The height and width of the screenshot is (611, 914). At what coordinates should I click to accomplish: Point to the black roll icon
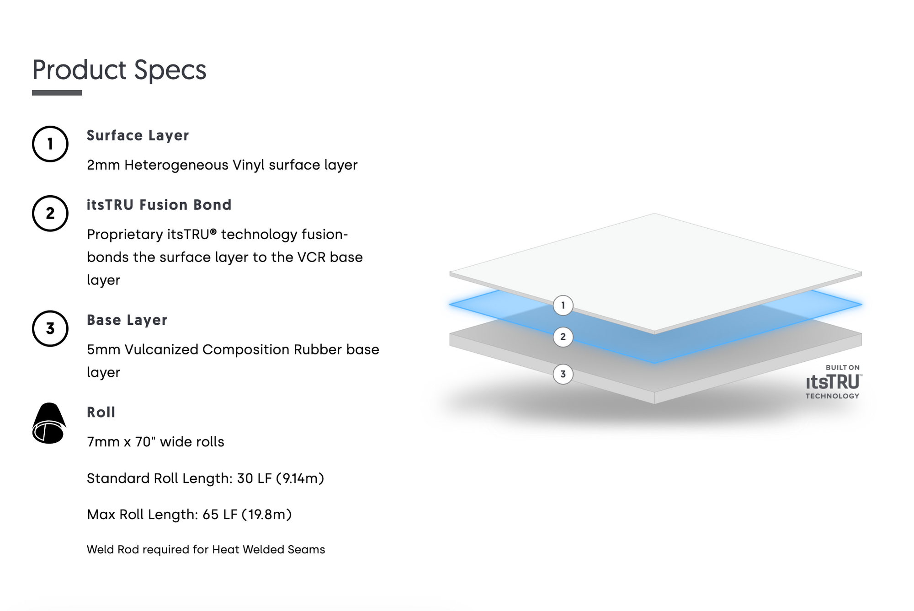pyautogui.click(x=49, y=423)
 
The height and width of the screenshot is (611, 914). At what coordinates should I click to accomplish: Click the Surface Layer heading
pyautogui.click(x=138, y=136)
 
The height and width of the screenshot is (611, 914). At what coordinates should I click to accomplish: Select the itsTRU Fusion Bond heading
pyautogui.click(x=159, y=205)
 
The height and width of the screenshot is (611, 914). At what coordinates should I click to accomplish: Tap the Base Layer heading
pyautogui.click(x=127, y=320)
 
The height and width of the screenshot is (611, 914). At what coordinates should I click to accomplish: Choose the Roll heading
pyautogui.click(x=101, y=412)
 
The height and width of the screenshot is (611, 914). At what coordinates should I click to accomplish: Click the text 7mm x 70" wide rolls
pyautogui.click(x=155, y=442)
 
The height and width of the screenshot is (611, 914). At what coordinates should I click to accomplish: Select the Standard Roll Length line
pyautogui.click(x=205, y=478)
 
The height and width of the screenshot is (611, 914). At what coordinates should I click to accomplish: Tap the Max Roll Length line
pyautogui.click(x=189, y=515)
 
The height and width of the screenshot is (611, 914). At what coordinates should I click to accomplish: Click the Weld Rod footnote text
pyautogui.click(x=206, y=549)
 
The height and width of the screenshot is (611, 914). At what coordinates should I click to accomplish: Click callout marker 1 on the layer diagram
pyautogui.click(x=563, y=305)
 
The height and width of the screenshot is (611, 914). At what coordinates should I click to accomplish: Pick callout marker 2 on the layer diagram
pyautogui.click(x=563, y=337)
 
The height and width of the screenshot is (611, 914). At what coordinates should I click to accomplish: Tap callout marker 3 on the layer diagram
pyautogui.click(x=563, y=374)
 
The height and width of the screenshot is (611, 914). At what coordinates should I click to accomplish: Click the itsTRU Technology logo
pyautogui.click(x=833, y=382)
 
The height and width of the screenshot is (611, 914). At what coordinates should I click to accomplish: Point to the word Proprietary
pyautogui.click(x=125, y=235)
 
